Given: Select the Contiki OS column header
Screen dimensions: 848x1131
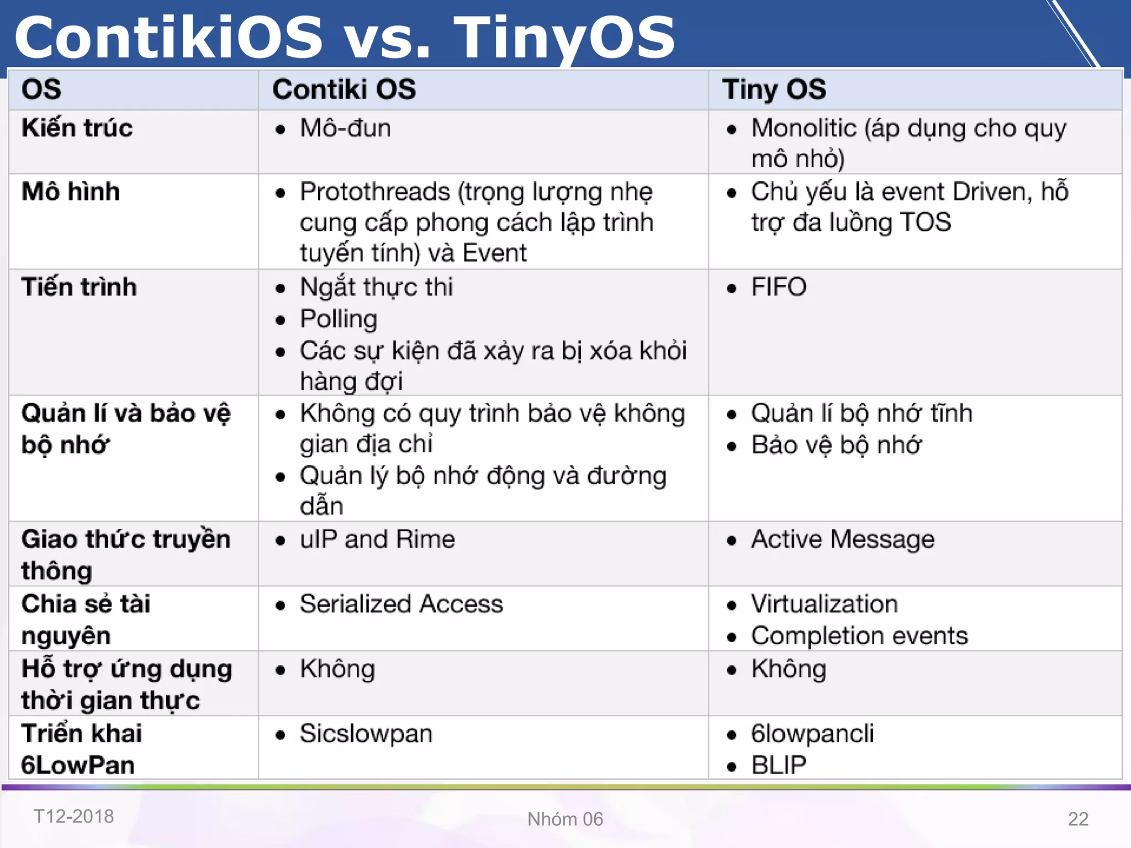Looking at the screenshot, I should pyautogui.click(x=343, y=89).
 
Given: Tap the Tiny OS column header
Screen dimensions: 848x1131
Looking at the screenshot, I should pyautogui.click(x=774, y=89).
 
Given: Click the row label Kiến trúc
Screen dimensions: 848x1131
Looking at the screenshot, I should pyautogui.click(x=77, y=128).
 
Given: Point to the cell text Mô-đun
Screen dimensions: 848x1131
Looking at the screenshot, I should pyautogui.click(x=345, y=128).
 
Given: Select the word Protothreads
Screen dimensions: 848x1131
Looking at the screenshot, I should pyautogui.click(x=374, y=192).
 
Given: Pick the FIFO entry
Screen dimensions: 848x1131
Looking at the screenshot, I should pyautogui.click(x=778, y=287).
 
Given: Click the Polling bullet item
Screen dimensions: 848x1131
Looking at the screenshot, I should pyautogui.click(x=339, y=319).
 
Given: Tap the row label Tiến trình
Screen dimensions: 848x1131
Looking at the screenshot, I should pyautogui.click(x=79, y=287).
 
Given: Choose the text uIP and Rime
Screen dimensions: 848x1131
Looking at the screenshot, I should pyautogui.click(x=377, y=539).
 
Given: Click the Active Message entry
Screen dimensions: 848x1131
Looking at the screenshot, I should pyautogui.click(x=842, y=539).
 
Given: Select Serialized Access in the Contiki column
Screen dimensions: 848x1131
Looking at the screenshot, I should pyautogui.click(x=401, y=604).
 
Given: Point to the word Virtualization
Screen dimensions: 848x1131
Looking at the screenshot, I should pyautogui.click(x=824, y=604).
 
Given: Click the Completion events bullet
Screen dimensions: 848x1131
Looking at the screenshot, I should pyautogui.click(x=859, y=636).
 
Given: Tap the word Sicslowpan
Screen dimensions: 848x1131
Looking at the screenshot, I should pyautogui.click(x=366, y=734).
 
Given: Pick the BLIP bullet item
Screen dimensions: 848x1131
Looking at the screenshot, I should pyautogui.click(x=778, y=765).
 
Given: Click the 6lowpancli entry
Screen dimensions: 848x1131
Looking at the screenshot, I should pyautogui.click(x=812, y=734).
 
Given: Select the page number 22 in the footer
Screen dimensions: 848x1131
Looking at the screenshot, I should pyautogui.click(x=1077, y=819).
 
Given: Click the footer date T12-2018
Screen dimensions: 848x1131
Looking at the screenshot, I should pyautogui.click(x=73, y=816).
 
